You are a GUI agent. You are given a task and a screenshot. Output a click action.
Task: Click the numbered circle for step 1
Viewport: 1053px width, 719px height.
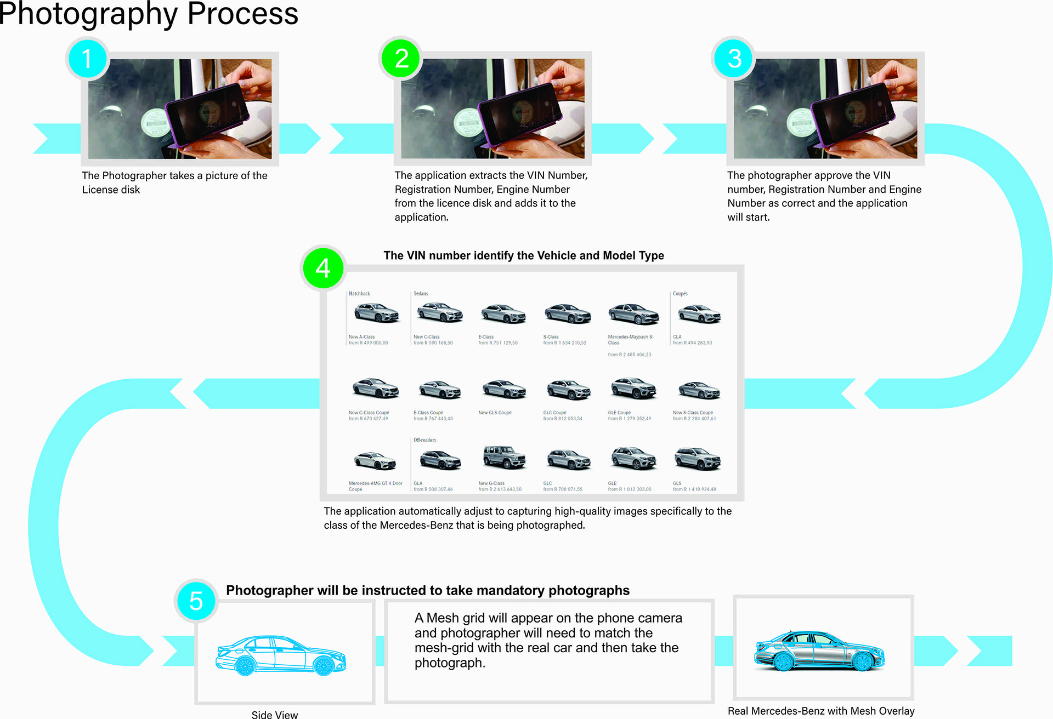pos(87,59)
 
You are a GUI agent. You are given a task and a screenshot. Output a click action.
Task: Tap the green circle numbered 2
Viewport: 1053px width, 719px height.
pos(401,59)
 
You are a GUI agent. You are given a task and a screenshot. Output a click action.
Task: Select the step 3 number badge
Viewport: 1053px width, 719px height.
pos(734,59)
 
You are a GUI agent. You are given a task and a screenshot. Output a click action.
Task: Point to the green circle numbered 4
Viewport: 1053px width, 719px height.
pos(323,268)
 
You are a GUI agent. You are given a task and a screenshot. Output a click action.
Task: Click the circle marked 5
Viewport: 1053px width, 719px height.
pos(196,601)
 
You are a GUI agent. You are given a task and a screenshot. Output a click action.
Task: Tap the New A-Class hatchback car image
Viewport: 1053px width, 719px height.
pos(376,313)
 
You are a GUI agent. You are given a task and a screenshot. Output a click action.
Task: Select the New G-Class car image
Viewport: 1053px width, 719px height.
pos(504,457)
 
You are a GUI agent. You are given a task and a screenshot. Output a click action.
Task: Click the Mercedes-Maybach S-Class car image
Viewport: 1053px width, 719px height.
pos(633,314)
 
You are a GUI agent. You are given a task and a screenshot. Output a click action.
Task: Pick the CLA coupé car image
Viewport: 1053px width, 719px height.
pos(699,315)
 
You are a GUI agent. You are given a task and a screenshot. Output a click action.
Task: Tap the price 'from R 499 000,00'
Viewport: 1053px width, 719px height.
pos(369,343)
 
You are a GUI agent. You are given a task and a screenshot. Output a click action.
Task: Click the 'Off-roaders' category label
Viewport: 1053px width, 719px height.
pos(425,440)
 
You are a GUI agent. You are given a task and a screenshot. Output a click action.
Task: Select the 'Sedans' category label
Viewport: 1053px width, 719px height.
pos(421,294)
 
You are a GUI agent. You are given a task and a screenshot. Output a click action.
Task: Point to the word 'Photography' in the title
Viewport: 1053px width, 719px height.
pos(88,13)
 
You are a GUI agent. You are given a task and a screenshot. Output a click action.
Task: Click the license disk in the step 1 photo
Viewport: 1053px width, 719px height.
pos(155,122)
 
